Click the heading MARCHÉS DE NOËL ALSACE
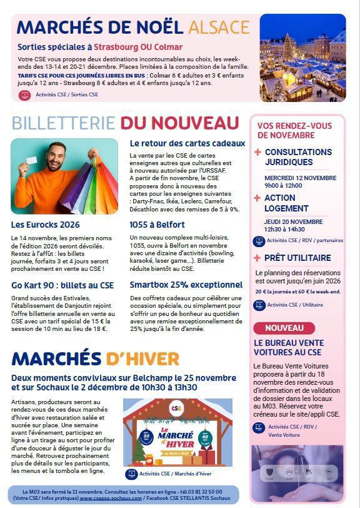[x=132, y=27]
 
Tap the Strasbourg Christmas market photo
[x=302, y=58]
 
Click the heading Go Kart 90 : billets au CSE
[x=62, y=285]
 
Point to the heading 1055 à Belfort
[x=157, y=225]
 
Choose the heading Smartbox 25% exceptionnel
[x=186, y=285]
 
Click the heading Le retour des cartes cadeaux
[x=187, y=143]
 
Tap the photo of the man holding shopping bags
[x=64, y=176]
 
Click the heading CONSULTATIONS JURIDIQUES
[x=297, y=158]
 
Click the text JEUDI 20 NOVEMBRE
[x=293, y=221]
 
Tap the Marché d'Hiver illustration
[x=177, y=432]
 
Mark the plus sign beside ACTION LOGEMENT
[x=257, y=198]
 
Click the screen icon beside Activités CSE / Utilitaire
[x=259, y=305]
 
